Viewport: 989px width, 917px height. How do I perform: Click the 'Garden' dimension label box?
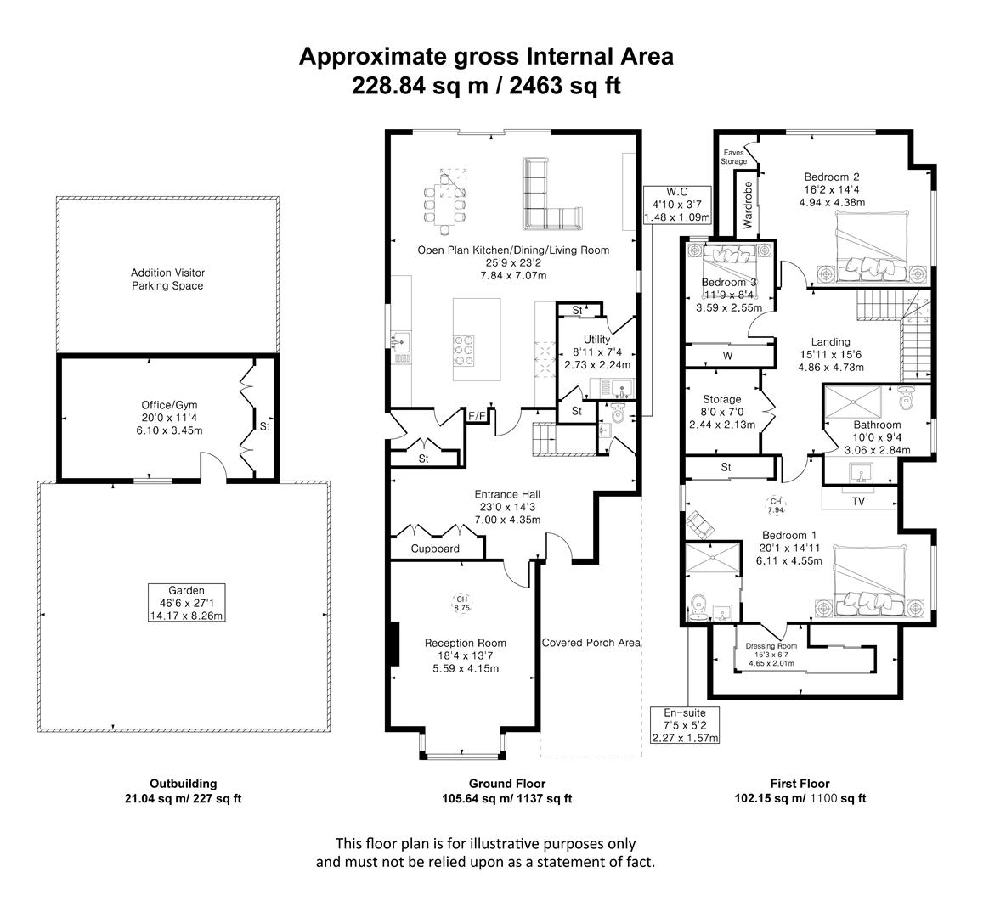[186, 603]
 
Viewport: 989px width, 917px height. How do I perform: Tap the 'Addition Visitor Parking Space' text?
[167, 279]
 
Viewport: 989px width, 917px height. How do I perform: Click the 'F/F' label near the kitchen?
[478, 416]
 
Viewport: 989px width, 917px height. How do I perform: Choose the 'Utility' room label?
[597, 340]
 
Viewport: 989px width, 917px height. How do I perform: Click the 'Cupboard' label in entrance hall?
[435, 549]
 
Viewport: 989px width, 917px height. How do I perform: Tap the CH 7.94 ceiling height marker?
[776, 505]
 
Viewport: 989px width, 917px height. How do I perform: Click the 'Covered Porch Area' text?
[591, 643]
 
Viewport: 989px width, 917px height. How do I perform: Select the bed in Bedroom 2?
[874, 246]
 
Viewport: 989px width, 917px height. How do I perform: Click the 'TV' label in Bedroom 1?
[859, 502]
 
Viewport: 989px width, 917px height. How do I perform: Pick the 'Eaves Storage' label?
[733, 157]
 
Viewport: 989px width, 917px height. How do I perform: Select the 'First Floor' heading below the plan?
[800, 784]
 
